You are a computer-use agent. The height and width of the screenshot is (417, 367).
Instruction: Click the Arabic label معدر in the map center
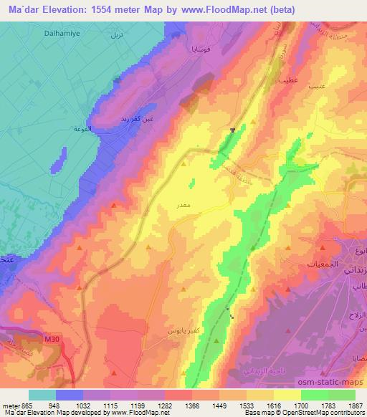pos(182,205)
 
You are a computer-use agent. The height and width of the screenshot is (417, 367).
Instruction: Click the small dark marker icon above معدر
pos(233,130)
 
